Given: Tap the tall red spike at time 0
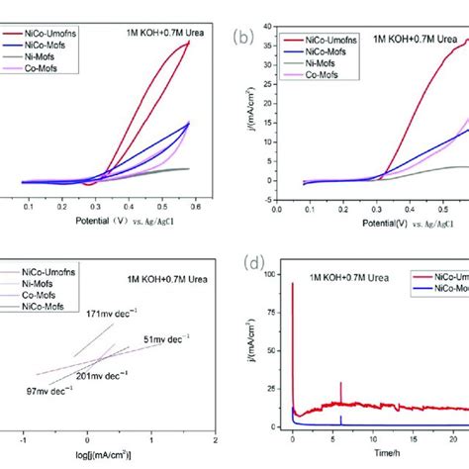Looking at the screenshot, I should point(293,287).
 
